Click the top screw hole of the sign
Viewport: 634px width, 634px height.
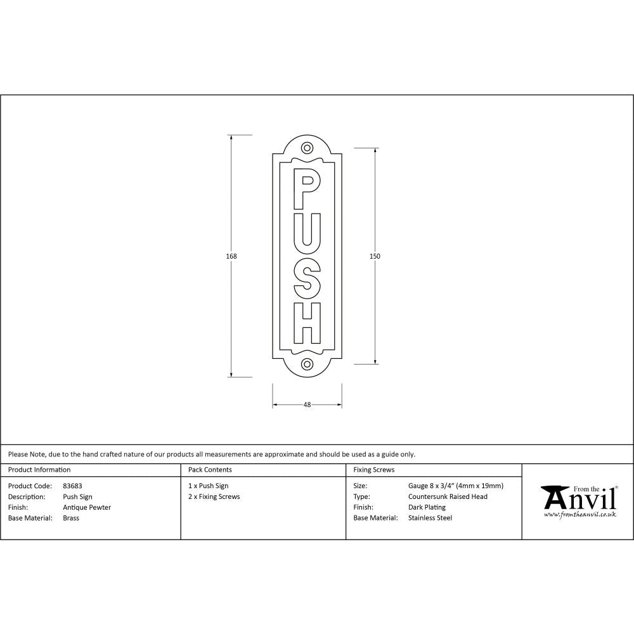307,148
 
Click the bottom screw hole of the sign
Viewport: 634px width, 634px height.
307,364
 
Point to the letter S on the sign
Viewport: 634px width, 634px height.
307,280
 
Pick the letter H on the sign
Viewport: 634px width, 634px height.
307,323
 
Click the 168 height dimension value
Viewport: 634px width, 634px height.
231,256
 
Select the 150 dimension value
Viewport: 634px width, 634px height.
375,256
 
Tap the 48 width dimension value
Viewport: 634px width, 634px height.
307,404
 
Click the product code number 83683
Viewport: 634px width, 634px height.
72,486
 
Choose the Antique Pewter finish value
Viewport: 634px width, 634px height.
87,507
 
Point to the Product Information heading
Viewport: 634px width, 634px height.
39,470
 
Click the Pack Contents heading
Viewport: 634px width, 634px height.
210,470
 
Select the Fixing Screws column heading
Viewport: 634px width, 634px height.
373,470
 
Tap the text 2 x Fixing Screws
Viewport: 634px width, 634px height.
214,497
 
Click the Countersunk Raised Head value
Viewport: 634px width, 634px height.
448,497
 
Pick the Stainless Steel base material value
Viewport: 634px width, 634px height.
430,518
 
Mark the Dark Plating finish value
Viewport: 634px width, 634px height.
427,507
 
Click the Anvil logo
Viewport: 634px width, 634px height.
579,501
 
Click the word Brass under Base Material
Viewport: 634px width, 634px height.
71,518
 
